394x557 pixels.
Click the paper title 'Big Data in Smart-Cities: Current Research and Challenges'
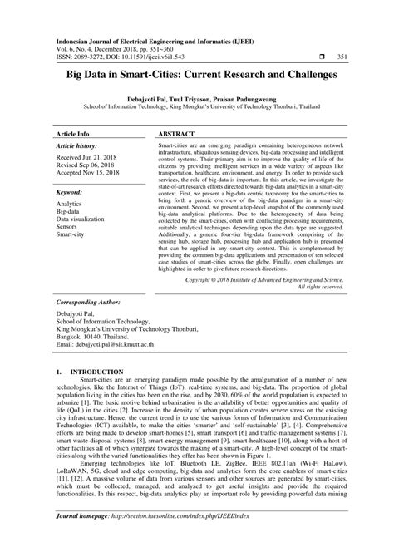coord(196,76)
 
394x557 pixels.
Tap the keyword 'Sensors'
coord(69,229)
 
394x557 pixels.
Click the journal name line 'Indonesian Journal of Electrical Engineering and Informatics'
coord(155,40)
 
